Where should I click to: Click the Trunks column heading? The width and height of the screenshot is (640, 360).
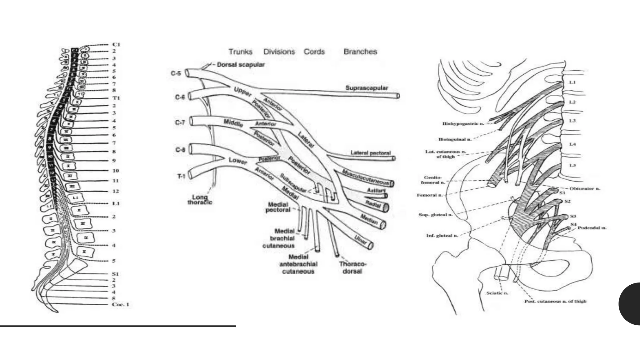(x=240, y=52)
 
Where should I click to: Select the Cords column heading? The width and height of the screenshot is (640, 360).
(x=314, y=52)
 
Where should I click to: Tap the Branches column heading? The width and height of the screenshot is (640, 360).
(x=360, y=52)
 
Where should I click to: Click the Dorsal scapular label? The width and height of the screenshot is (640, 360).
(x=241, y=65)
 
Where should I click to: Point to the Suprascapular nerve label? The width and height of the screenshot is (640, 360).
(x=367, y=88)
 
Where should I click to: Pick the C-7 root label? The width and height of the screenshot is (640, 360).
(x=180, y=122)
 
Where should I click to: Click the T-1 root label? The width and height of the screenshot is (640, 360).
(x=181, y=177)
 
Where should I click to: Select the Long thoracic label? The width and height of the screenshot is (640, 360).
(x=200, y=200)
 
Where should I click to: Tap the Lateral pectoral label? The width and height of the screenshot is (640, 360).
(x=370, y=153)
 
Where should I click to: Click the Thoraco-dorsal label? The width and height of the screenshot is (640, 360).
(x=352, y=268)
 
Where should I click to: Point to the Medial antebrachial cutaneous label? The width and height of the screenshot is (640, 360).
(x=298, y=264)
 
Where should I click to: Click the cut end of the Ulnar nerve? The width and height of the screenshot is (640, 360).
(x=371, y=246)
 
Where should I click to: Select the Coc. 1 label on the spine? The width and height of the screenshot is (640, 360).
(x=121, y=304)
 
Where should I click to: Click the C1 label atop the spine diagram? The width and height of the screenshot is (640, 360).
(x=116, y=44)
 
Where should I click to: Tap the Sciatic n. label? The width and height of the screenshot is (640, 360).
(x=497, y=293)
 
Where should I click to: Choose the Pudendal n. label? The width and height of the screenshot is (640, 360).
(x=592, y=228)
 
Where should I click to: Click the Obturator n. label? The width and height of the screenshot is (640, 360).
(x=585, y=189)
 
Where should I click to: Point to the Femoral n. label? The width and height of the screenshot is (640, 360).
(x=429, y=195)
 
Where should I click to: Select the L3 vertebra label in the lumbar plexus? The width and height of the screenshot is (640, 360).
(x=572, y=121)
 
